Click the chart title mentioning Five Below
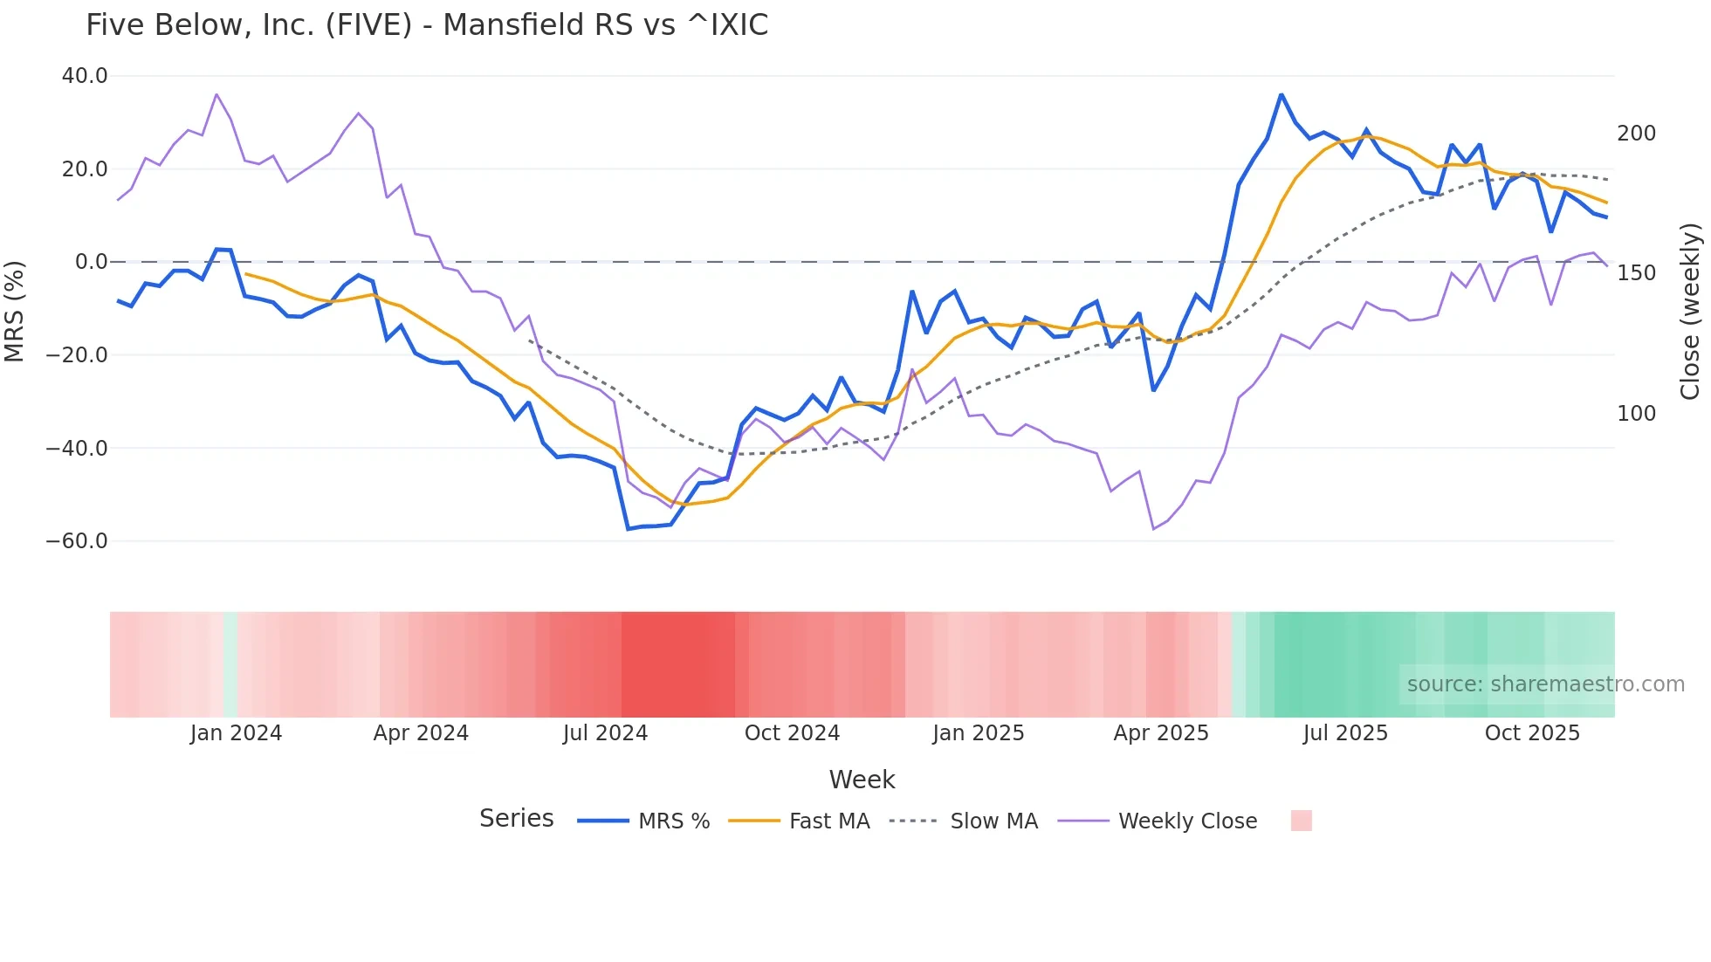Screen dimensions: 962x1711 click(x=427, y=24)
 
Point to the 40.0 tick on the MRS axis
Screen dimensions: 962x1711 click(x=85, y=76)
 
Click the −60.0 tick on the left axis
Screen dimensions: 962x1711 click(x=77, y=541)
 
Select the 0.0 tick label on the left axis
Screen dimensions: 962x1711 click(x=91, y=262)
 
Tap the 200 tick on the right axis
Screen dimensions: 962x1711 click(x=1636, y=134)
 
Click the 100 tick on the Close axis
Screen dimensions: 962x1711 click(x=1636, y=414)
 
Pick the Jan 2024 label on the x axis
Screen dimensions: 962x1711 click(x=236, y=733)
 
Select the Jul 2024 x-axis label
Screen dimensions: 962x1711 click(x=605, y=733)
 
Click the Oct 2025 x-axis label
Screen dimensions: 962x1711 click(x=1532, y=733)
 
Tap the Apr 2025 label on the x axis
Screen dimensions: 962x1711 click(x=1161, y=733)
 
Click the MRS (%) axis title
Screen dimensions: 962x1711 click(x=15, y=311)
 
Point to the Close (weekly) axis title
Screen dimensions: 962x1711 click(x=1690, y=311)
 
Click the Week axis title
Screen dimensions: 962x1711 click(x=862, y=780)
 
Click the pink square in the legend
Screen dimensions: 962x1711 click(x=1301, y=821)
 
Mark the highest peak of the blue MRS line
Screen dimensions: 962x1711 click(x=1281, y=94)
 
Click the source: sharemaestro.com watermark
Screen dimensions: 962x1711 click(x=1545, y=684)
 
